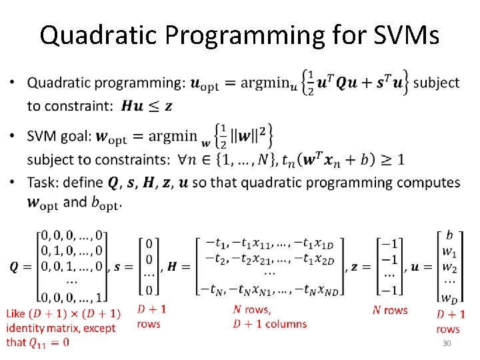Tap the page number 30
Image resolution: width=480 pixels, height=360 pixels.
pos(447,343)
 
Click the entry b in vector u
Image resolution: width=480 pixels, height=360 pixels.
pos(449,235)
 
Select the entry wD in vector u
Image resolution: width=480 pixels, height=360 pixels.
pos(449,296)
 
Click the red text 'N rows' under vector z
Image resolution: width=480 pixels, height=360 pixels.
pos(390,310)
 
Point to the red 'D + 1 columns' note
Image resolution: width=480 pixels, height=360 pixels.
pos(269,324)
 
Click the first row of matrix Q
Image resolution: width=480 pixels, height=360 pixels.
pos(72,235)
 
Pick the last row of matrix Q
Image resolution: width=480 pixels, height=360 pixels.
pos(72,296)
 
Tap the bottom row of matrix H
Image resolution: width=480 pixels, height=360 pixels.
pos(269,289)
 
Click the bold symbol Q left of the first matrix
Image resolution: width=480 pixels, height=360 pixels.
pos(15,266)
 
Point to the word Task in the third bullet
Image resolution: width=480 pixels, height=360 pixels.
pos(41,183)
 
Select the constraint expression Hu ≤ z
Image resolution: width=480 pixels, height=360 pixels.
pos(149,106)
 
